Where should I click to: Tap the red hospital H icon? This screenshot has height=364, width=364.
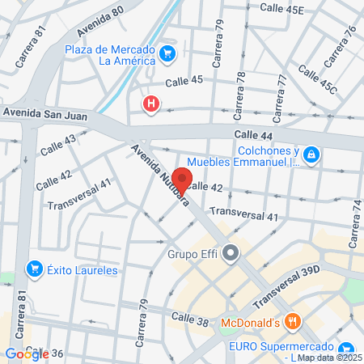pos(150,104)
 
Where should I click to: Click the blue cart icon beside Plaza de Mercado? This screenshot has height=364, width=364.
pos(167,54)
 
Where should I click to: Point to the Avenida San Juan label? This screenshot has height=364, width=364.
pos(44,112)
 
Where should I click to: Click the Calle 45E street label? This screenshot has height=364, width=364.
pos(281,10)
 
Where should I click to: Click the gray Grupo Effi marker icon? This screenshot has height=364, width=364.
pos(231,253)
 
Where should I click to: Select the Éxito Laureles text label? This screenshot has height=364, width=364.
pos(83,269)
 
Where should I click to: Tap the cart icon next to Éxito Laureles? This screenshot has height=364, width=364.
pos(34,269)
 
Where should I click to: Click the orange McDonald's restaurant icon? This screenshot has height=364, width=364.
pos(294,323)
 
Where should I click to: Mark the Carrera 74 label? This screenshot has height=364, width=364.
pos(355,223)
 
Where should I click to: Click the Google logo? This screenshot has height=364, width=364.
pos(27,353)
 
